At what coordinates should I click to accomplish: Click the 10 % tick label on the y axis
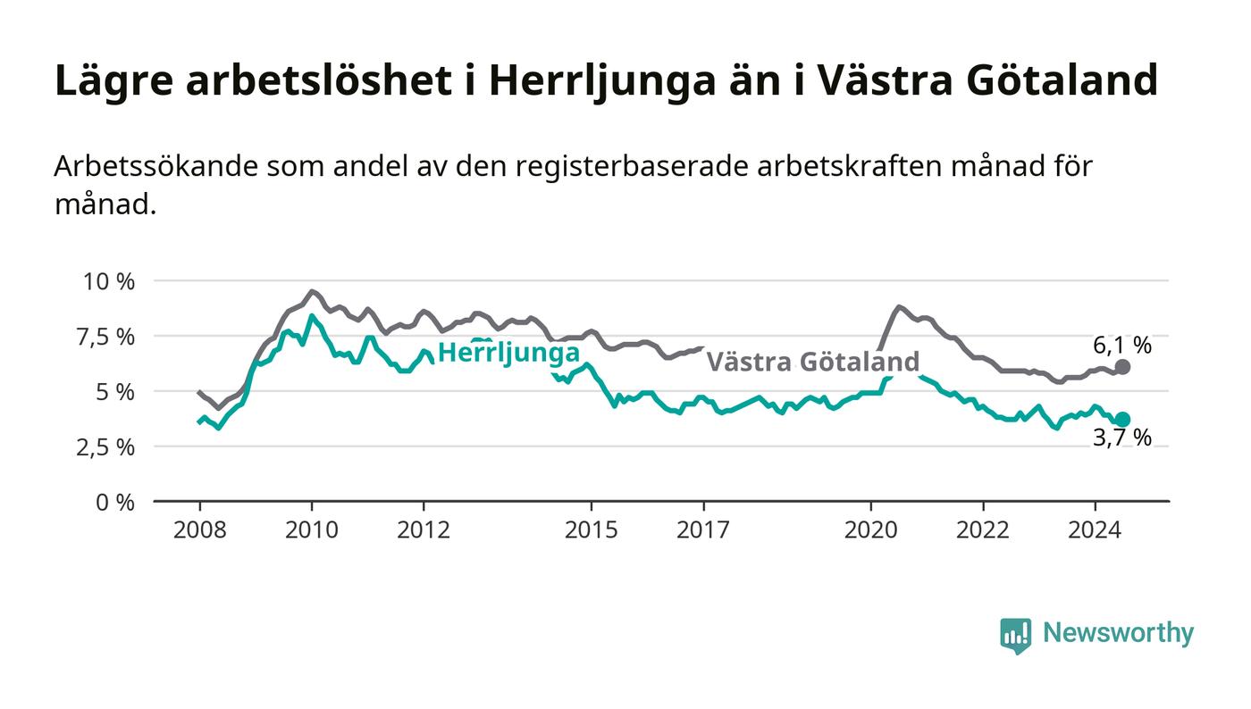[109, 281]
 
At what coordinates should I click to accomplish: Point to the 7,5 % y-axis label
[105, 338]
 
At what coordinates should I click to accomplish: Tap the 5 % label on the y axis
[115, 392]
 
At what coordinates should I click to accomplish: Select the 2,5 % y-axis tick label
[105, 447]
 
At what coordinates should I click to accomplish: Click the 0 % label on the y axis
[115, 503]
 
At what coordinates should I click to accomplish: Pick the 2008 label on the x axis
[200, 530]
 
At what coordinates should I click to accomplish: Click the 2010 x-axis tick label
[312, 530]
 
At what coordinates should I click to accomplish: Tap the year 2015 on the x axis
[592, 530]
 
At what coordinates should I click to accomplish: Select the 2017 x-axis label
[703, 530]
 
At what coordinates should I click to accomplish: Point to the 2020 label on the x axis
[870, 530]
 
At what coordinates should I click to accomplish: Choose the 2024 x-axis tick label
[1095, 530]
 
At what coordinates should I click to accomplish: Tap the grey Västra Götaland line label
[813, 362]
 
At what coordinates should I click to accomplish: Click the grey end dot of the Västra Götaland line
[1122, 367]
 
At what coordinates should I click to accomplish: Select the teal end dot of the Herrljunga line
[1122, 420]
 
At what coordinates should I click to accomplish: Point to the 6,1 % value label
[1122, 346]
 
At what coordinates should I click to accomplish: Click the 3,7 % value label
[1122, 438]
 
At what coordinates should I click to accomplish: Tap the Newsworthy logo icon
[1015, 635]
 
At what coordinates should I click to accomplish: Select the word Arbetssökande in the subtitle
[155, 166]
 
